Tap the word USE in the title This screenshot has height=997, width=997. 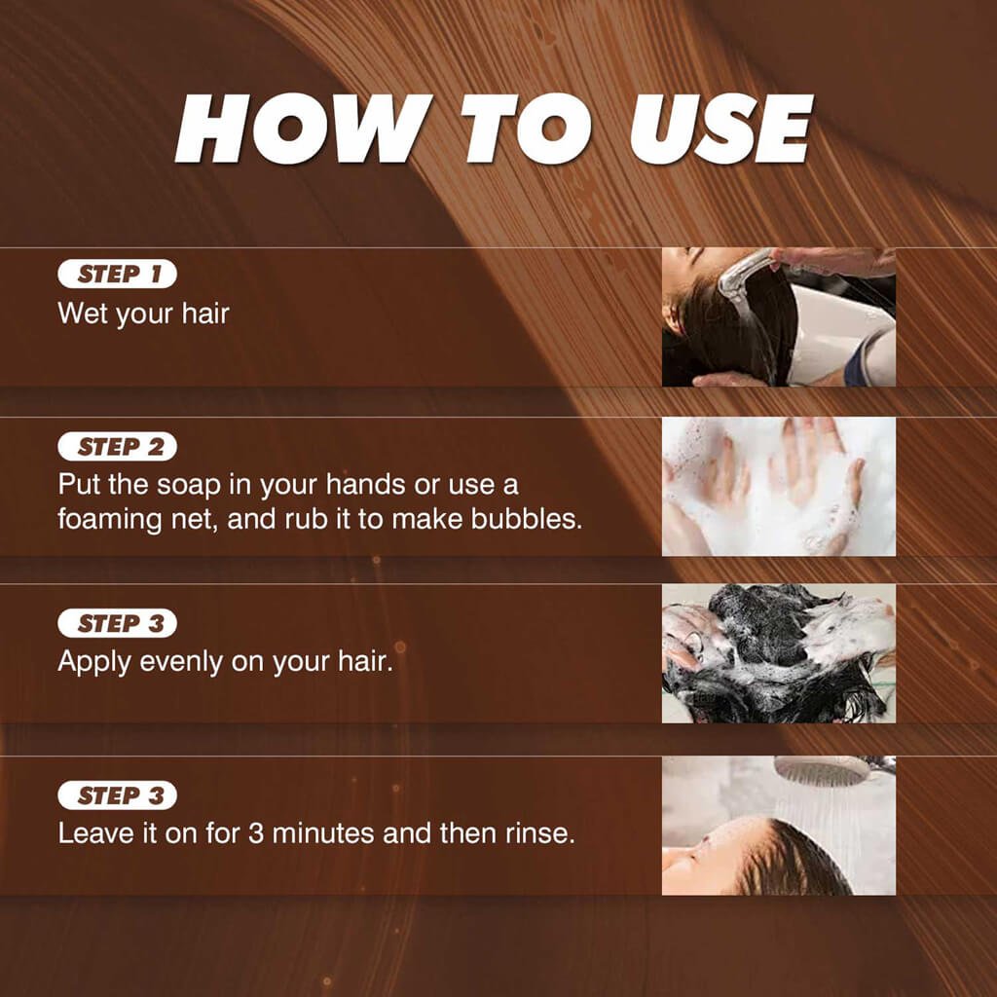721,129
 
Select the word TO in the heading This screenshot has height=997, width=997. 527,129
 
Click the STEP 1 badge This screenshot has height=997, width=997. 117,274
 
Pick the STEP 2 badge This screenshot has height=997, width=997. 117,447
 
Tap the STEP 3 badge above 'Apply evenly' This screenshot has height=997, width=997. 117,623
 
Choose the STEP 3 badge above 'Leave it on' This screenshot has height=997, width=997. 117,795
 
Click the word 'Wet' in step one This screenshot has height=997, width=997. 84,314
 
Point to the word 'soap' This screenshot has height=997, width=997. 189,485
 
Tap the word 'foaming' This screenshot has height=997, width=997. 110,521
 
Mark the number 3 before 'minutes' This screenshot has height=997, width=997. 256,833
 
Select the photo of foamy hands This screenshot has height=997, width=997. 779,487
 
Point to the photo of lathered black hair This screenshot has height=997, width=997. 779,653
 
